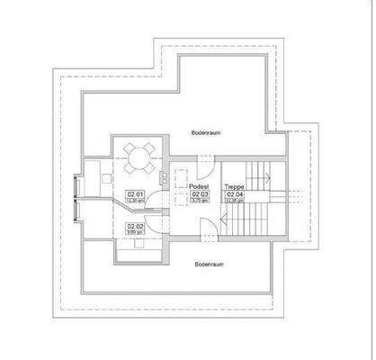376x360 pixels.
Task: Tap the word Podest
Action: pyautogui.click(x=199, y=186)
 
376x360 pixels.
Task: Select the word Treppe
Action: pyautogui.click(x=234, y=186)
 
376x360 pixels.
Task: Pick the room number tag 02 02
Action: pyautogui.click(x=136, y=225)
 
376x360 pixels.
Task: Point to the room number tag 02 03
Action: pyautogui.click(x=200, y=193)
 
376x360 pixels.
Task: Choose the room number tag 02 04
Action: pyautogui.click(x=235, y=193)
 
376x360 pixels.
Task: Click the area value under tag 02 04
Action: pyautogui.click(x=235, y=201)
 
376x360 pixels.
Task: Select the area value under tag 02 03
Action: pyautogui.click(x=200, y=201)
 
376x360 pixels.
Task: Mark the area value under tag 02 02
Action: pyautogui.click(x=136, y=232)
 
